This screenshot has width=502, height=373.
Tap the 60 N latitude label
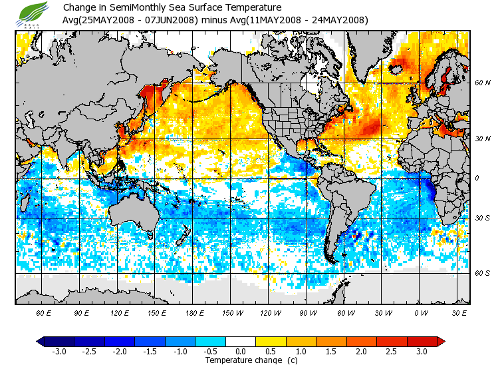click(x=483, y=83)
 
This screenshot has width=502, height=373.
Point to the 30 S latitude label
click(x=483, y=218)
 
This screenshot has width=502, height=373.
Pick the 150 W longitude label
click(x=231, y=312)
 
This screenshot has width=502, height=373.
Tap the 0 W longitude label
click(x=420, y=312)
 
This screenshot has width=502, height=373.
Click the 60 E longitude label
click(x=43, y=312)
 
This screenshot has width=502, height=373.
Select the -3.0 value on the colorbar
click(x=59, y=352)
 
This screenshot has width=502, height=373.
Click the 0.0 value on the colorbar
click(x=241, y=352)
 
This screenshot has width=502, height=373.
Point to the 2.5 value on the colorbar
click(x=392, y=352)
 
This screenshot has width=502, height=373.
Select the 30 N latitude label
click(x=483, y=138)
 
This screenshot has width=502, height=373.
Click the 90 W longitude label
click(x=307, y=312)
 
